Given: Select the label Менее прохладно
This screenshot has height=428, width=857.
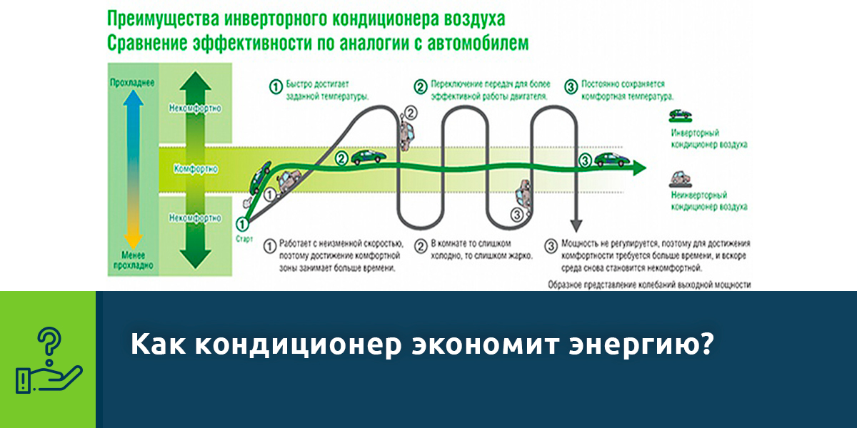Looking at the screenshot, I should [x=131, y=260].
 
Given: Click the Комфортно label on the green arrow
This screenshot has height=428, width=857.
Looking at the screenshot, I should [x=195, y=170].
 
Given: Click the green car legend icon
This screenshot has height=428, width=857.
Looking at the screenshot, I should [x=681, y=114].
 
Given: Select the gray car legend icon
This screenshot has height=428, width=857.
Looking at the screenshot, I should [x=681, y=177].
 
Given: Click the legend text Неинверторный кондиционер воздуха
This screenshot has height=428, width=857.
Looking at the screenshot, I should [x=708, y=200].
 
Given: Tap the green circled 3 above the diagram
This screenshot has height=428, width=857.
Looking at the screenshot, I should [x=570, y=87].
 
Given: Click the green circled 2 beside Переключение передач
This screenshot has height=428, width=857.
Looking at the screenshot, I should [x=420, y=87].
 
